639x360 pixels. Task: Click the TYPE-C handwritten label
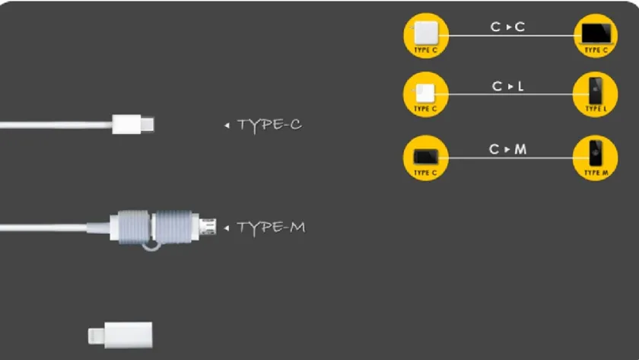pos(269,125)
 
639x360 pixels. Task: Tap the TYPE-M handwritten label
pos(271,228)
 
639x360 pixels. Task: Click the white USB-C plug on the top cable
pos(133,124)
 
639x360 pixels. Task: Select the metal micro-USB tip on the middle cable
pos(208,227)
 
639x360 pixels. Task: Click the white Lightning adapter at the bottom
pos(121,335)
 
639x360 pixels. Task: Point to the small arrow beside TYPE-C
pos(227,125)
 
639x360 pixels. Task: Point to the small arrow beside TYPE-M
pos(227,228)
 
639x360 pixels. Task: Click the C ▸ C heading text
pos(507,27)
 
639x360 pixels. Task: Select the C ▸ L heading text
pos(508,86)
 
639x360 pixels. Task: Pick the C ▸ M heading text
pos(508,149)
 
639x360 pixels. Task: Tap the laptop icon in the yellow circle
pos(596,33)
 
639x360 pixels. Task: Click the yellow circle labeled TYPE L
pos(596,94)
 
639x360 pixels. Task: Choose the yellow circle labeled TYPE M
pos(596,158)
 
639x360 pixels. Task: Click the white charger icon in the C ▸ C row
pos(426,33)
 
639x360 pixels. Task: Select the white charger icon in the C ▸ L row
pos(425,93)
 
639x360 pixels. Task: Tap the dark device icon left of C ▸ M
pos(426,157)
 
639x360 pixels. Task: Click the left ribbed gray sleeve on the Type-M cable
pos(134,227)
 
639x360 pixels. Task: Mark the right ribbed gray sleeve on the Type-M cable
pos(173,227)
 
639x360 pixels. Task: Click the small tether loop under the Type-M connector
pos(151,247)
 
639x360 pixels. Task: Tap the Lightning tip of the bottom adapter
pos(96,336)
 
